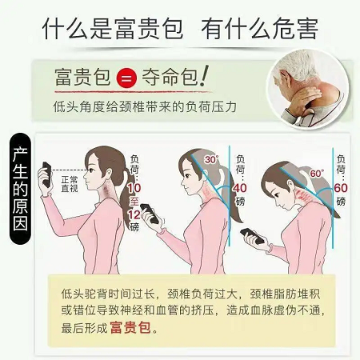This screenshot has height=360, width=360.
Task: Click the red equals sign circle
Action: pos(126,78)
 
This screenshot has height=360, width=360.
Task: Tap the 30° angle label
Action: pos(212,159)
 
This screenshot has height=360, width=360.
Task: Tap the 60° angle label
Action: pos(317,174)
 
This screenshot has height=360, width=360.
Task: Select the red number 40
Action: pos(240,188)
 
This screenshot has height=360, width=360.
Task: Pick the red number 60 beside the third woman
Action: pos(341,188)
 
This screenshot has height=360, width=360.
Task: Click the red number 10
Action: pos(134,188)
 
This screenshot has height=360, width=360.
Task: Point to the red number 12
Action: pos(134,214)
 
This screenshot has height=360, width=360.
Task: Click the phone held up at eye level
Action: pos(46,174)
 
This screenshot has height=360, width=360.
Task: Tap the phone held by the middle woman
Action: pos(150,214)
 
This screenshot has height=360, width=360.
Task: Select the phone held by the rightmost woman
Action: pos(252,236)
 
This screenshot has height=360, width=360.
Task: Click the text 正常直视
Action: pos(70,184)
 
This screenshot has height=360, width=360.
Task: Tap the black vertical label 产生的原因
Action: pos(20,189)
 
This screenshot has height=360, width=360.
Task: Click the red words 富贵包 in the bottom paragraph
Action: pos(130,327)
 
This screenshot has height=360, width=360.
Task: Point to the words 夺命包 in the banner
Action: pos(170,78)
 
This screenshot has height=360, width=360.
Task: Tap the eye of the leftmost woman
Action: pos(91,170)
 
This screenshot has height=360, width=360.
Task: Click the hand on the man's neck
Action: pos(306,98)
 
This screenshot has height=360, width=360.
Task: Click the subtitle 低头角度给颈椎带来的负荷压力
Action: pos(145,107)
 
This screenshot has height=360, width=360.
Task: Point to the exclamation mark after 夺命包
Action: pos(204,75)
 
